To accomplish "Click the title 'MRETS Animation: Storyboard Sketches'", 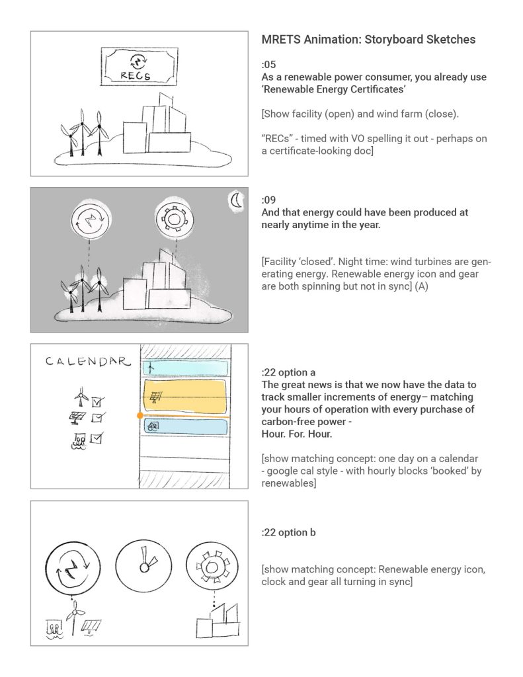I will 368,40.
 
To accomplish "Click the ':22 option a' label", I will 294,372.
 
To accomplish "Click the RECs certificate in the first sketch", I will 139,66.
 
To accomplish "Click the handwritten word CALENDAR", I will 85,362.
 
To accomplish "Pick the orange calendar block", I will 185,396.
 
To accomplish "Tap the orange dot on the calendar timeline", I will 140,416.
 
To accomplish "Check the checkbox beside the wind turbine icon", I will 97,401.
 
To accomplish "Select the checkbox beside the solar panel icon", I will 97,418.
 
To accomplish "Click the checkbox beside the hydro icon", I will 96,438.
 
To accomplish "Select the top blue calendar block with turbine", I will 185,368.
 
